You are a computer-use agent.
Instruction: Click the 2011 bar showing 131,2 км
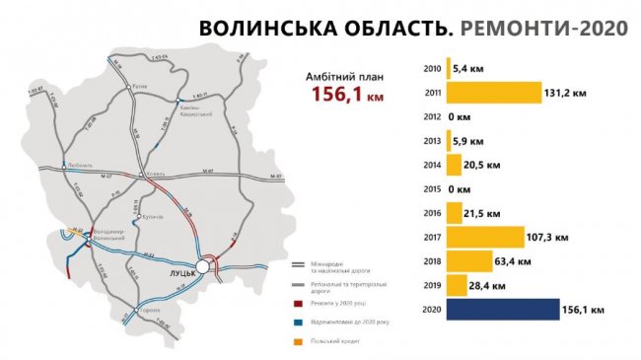pos(493,93)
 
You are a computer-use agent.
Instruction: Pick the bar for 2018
pos(468,261)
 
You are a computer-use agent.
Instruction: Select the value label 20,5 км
pos(475,166)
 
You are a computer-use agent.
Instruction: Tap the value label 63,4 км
pos(512,261)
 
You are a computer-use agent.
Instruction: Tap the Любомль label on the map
pos(79,166)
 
